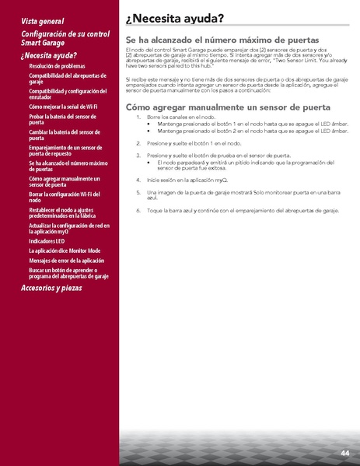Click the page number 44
pyautogui.click(x=344, y=453)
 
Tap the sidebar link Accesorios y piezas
pyautogui.click(x=51, y=288)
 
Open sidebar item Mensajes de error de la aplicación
pyautogui.click(x=66, y=261)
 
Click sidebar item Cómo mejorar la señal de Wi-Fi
pyautogui.click(x=63, y=106)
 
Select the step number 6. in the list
pyautogui.click(x=138, y=210)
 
